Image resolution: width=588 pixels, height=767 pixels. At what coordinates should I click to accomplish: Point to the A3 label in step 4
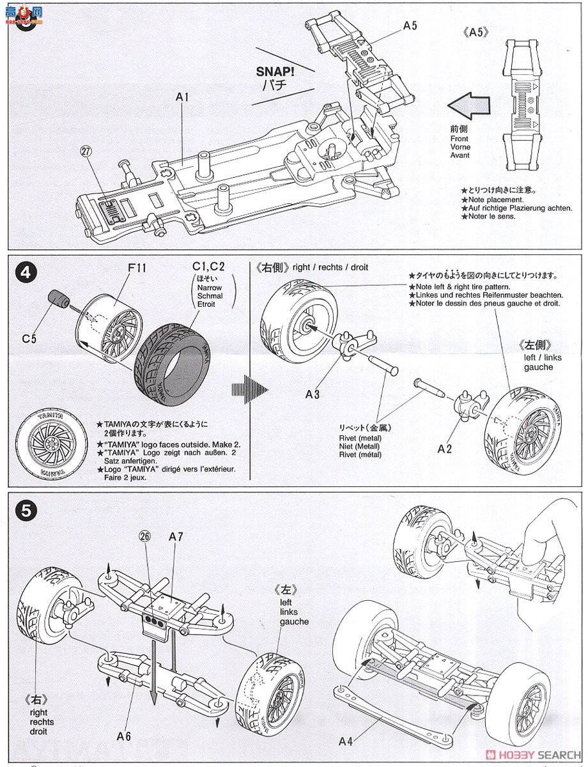point(312,394)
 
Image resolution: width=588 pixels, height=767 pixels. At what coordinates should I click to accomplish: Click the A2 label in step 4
point(445,448)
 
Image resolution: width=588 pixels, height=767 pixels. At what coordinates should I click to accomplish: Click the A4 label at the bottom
point(346,742)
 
